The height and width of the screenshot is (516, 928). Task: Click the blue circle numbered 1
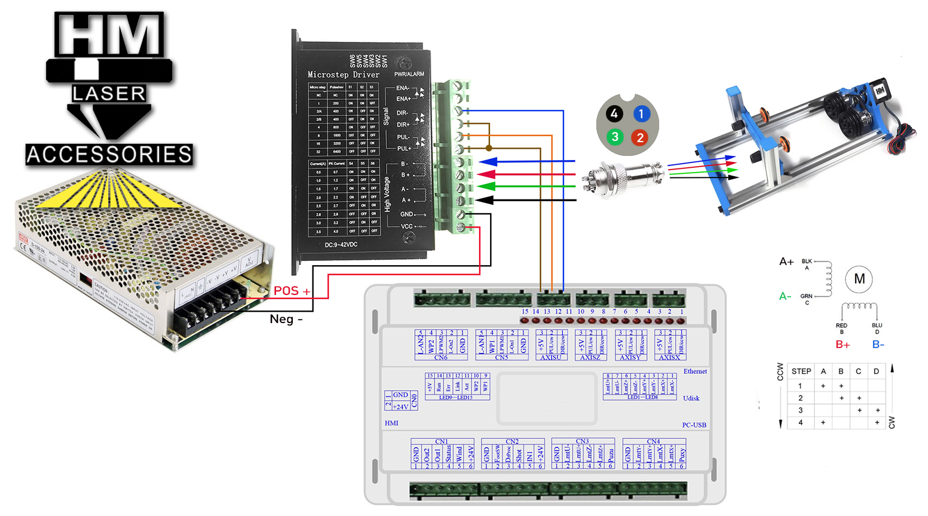(641, 113)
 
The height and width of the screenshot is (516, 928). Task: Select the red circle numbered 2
(640, 137)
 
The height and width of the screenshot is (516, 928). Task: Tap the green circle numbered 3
(614, 137)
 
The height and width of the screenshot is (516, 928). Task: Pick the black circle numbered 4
(614, 113)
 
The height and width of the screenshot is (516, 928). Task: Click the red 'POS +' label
(292, 291)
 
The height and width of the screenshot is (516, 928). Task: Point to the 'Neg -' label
(286, 319)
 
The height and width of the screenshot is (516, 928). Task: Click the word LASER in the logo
(109, 93)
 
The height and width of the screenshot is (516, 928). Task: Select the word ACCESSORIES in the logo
(109, 155)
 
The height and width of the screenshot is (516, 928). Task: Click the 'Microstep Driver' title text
(343, 75)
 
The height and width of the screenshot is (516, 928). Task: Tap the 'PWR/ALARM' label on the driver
(409, 74)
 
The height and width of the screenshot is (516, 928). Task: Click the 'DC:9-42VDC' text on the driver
(341, 245)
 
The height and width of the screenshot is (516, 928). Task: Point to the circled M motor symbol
(859, 279)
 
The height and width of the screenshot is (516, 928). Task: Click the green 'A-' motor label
(785, 296)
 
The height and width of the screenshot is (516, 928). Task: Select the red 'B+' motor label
(843, 345)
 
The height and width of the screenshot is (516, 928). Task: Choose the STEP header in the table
(801, 371)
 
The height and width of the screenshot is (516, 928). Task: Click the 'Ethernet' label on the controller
(695, 371)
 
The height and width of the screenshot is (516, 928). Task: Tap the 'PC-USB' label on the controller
(694, 425)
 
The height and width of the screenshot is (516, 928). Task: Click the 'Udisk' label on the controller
(691, 398)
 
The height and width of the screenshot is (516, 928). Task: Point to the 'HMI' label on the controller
(391, 423)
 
